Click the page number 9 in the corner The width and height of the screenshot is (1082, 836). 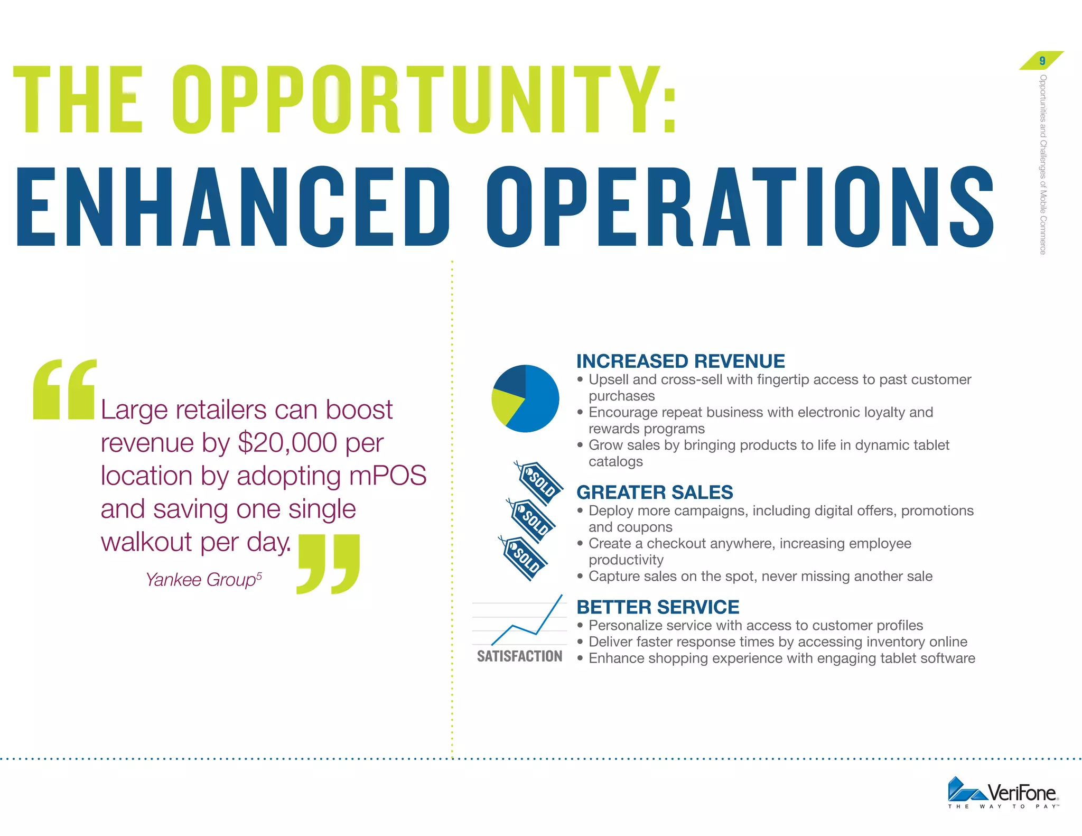1042,61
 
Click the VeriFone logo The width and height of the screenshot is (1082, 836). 1003,793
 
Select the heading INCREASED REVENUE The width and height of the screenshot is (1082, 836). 680,361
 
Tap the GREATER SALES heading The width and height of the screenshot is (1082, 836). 655,493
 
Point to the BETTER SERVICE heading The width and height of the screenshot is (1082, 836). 658,607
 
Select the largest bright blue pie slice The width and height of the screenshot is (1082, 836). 539,402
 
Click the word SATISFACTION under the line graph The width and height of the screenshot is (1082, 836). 519,656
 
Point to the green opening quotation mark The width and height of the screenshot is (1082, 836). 64,390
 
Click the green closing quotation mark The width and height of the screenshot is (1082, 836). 329,563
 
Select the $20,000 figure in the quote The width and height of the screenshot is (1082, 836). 287,443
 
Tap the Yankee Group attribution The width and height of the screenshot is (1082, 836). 203,580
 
